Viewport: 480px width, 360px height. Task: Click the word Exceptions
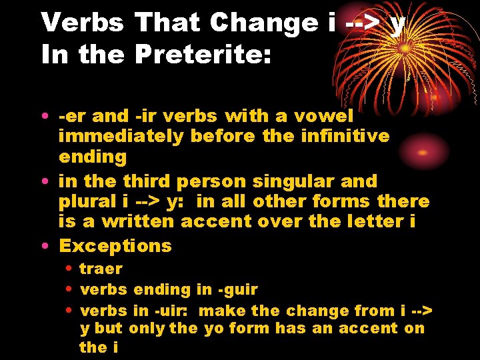(115, 245)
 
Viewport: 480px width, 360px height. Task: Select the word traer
(101, 269)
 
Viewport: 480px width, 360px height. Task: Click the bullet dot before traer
(69, 269)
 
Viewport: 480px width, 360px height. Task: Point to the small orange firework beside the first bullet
(421, 153)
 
